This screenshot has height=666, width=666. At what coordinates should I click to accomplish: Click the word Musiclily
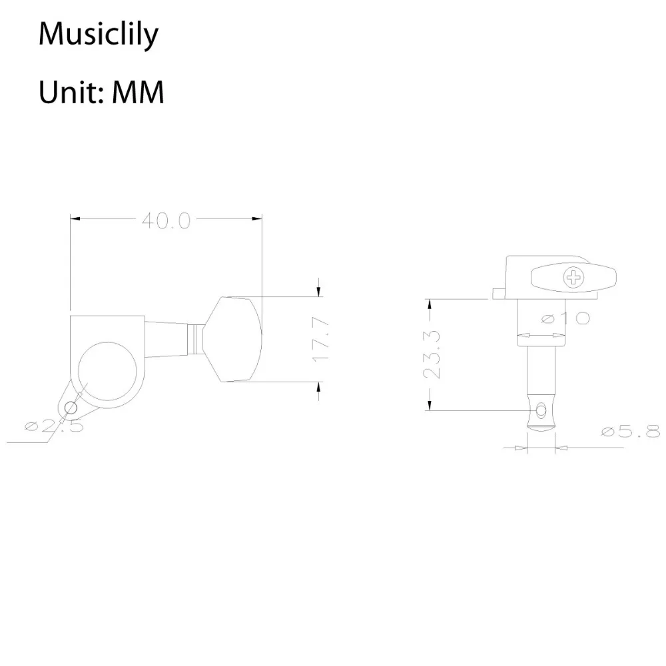point(99,35)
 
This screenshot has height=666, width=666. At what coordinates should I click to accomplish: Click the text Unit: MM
point(101,93)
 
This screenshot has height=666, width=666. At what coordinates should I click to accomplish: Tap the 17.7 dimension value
point(320,339)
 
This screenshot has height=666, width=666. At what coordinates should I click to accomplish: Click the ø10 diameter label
point(565,318)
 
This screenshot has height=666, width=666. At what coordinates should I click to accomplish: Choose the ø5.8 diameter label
point(629,432)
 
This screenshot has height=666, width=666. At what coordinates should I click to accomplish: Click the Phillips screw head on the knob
point(572,277)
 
